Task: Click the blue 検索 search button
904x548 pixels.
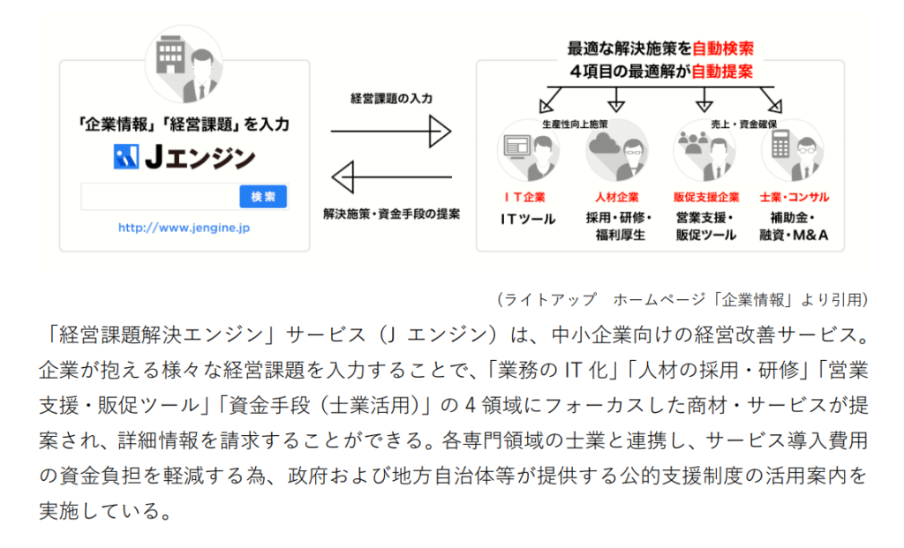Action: pyautogui.click(x=263, y=197)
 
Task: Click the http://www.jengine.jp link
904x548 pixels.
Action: pyautogui.click(x=184, y=228)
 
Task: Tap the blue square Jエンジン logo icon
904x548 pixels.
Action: pyautogui.click(x=126, y=156)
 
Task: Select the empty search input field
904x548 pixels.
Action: pyautogui.click(x=161, y=197)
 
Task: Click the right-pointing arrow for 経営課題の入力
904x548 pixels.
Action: pyautogui.click(x=391, y=131)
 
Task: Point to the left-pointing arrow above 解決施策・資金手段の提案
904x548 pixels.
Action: pyautogui.click(x=391, y=176)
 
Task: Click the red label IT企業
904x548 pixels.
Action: pyautogui.click(x=524, y=197)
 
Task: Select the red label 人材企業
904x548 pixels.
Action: pyautogui.click(x=617, y=197)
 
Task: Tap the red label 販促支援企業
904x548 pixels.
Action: pyautogui.click(x=706, y=197)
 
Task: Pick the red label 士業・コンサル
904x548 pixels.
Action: pyautogui.click(x=795, y=197)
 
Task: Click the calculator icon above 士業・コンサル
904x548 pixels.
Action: pyautogui.click(x=780, y=144)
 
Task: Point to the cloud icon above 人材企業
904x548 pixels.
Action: pyautogui.click(x=604, y=142)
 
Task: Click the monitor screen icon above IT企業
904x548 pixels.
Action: pyautogui.click(x=516, y=146)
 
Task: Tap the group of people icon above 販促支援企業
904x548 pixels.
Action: pyautogui.click(x=692, y=142)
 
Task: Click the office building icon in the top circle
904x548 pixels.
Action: pyautogui.click(x=170, y=54)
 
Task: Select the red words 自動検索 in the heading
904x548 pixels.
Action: pyautogui.click(x=723, y=49)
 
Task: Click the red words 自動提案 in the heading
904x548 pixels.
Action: pyautogui.click(x=722, y=71)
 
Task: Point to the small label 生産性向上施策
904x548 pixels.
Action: pyautogui.click(x=575, y=124)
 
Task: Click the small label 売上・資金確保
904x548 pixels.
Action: pyautogui.click(x=743, y=124)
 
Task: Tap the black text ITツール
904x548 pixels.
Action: pyautogui.click(x=528, y=219)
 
